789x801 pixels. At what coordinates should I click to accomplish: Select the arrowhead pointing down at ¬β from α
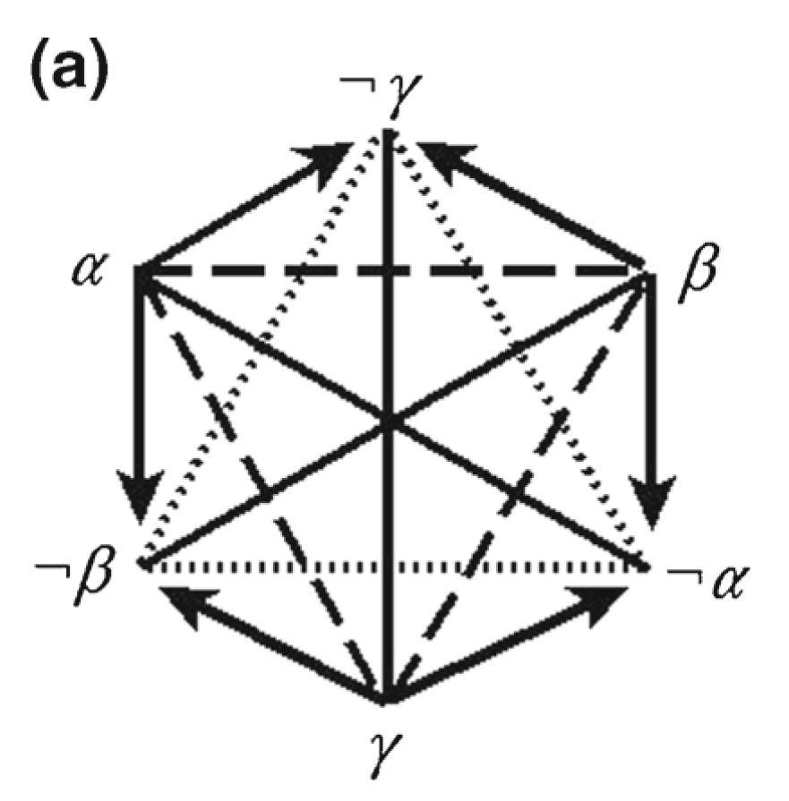click(x=142, y=511)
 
